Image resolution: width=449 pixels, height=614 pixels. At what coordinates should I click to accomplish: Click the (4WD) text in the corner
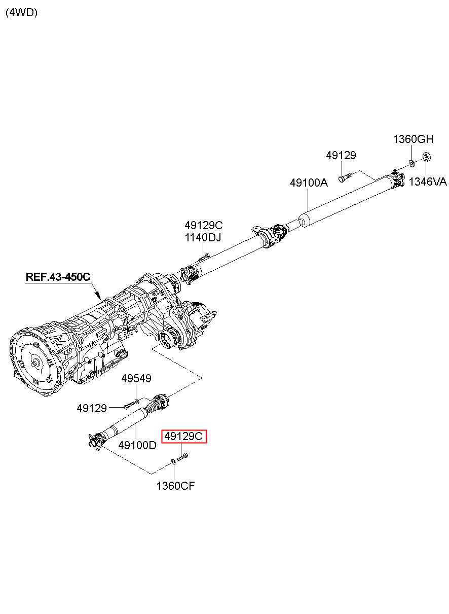click(21, 13)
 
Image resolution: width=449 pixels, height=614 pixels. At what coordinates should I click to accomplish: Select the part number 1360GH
click(413, 139)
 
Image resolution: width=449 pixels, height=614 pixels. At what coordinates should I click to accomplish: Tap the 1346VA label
click(428, 182)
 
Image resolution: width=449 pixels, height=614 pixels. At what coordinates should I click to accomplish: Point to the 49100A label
click(309, 183)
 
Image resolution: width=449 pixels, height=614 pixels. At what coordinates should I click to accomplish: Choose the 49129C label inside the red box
click(184, 436)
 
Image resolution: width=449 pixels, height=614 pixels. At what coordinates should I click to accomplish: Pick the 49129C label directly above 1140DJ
click(203, 225)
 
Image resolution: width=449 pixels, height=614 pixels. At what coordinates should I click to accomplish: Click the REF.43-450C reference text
click(58, 277)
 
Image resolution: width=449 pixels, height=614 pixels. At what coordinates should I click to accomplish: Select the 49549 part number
click(136, 379)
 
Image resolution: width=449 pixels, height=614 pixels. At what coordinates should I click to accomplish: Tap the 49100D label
click(137, 445)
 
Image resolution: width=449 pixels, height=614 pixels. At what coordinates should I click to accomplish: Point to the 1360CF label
click(175, 486)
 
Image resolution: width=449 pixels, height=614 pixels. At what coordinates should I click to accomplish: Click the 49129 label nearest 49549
click(92, 408)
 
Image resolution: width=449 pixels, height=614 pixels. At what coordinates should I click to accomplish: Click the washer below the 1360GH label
click(411, 163)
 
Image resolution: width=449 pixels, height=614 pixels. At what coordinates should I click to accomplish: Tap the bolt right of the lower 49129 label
click(128, 406)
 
